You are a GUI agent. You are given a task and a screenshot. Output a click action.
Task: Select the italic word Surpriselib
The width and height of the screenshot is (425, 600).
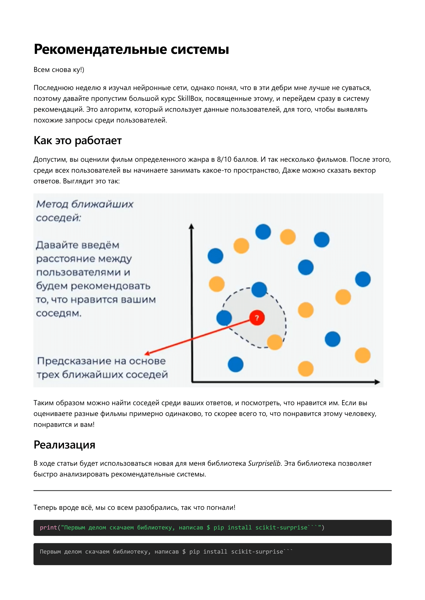pyautogui.click(x=264, y=463)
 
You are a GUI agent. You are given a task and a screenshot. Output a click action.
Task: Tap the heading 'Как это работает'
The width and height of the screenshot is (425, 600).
pyautogui.click(x=78, y=141)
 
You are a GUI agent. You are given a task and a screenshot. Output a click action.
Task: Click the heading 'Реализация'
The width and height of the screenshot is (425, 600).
pyautogui.click(x=64, y=445)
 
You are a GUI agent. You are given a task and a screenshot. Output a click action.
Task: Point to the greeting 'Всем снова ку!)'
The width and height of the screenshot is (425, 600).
pyautogui.click(x=59, y=70)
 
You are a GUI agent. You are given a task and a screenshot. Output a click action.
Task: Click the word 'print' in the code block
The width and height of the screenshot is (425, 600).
pyautogui.click(x=49, y=528)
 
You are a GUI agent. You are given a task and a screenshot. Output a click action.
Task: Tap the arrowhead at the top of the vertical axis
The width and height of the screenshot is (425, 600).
pyautogui.click(x=191, y=226)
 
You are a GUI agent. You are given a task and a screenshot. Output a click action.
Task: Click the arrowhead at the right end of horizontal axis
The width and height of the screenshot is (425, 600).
pyautogui.click(x=377, y=382)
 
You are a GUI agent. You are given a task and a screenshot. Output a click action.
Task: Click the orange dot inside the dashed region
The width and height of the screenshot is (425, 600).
pyautogui.click(x=275, y=342)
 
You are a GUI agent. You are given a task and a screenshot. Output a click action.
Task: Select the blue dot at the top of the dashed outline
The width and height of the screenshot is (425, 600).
pyautogui.click(x=259, y=290)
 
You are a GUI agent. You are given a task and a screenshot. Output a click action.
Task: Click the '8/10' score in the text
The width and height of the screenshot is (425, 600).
pyautogui.click(x=224, y=159)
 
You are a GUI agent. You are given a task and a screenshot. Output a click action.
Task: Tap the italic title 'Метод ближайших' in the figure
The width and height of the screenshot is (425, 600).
pyautogui.click(x=84, y=204)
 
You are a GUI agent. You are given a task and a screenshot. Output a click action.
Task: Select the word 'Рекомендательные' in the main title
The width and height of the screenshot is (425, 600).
pyautogui.click(x=101, y=49)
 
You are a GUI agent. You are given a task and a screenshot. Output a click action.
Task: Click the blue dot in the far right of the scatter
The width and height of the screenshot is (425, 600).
pyautogui.click(x=363, y=279)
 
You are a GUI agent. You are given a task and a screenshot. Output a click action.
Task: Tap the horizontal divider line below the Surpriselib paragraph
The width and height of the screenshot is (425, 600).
pyautogui.click(x=212, y=491)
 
